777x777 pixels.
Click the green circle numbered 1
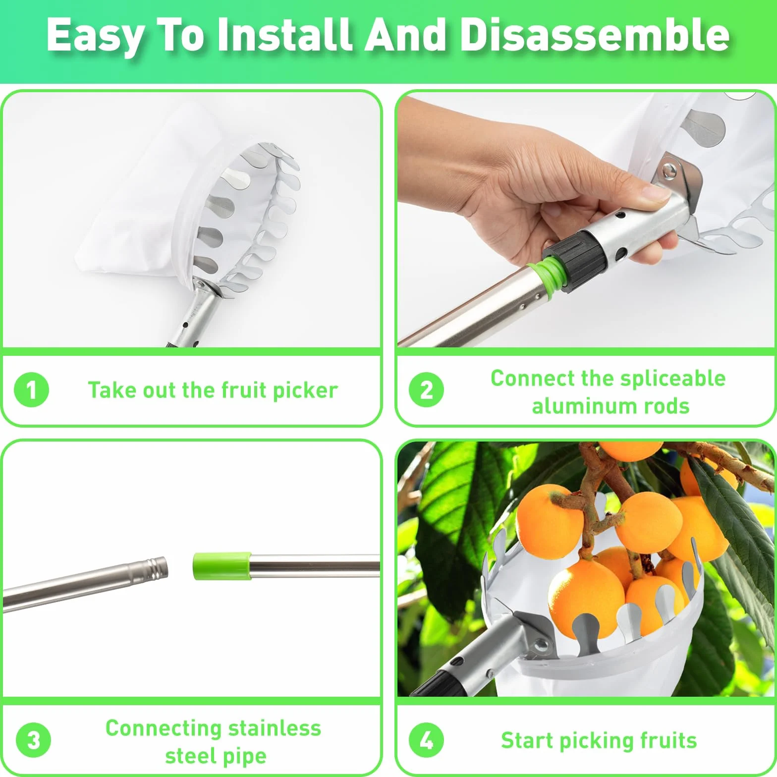pos(31,390)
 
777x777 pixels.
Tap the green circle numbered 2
pos(426,390)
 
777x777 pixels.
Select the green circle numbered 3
pos(33,741)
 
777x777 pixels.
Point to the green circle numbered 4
pos(426,741)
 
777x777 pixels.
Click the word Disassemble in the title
pos(595,35)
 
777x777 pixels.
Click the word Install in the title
pos(284,35)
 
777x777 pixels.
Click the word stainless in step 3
pos(275,728)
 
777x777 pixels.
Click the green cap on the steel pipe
pos(222,566)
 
